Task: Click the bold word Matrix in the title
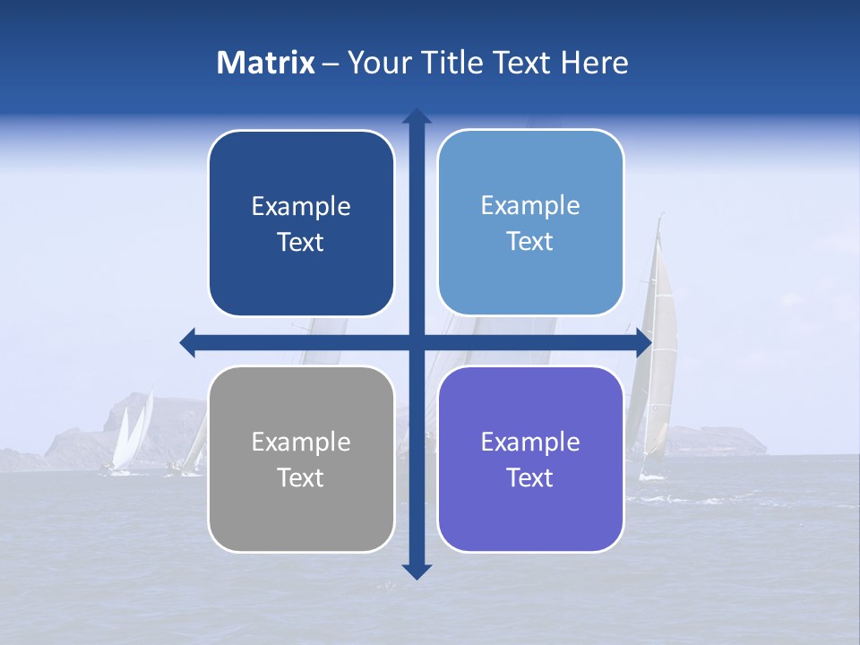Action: [266, 63]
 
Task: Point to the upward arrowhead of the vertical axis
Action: [417, 117]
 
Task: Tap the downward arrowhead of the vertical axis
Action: [417, 571]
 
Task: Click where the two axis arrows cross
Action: [417, 342]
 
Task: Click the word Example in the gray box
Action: [301, 442]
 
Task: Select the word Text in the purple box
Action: [530, 477]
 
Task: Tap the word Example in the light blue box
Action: [530, 205]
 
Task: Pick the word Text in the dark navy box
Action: [301, 242]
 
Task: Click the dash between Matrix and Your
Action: [331, 64]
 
